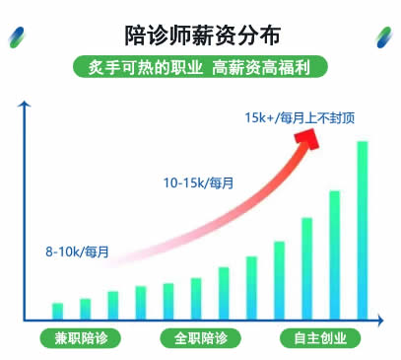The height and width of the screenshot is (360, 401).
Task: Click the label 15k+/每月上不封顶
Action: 300,118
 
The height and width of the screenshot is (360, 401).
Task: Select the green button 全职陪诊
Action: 200,338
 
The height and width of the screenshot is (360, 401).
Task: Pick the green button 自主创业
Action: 320,338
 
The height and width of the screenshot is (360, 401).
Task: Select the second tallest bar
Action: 334,253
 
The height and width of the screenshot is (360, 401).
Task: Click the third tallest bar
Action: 306,267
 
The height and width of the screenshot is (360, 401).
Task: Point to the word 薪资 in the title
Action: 218,36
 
